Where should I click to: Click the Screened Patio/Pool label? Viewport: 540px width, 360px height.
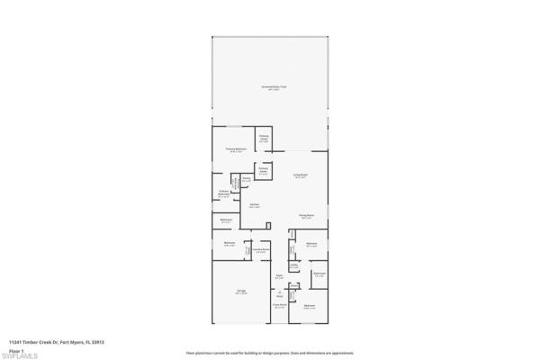(x=270, y=88)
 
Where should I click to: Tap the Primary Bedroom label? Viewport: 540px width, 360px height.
(x=235, y=148)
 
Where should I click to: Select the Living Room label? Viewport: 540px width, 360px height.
(x=301, y=175)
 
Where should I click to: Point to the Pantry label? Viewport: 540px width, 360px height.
(x=246, y=180)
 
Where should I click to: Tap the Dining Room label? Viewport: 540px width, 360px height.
(x=306, y=217)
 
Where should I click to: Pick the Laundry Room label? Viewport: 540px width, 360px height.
(x=260, y=251)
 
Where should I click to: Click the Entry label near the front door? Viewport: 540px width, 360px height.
(x=280, y=295)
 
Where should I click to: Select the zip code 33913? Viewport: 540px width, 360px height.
(x=97, y=341)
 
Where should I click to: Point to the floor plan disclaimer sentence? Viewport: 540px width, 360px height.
(x=270, y=352)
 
